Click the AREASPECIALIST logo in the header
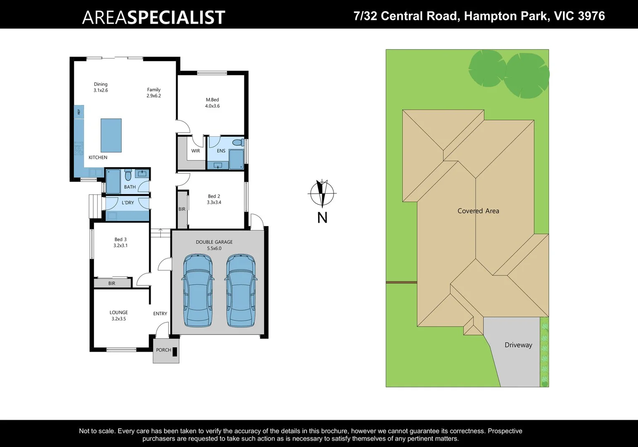tap(153, 17)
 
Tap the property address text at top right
tap(479, 16)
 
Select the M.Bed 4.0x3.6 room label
tap(212, 103)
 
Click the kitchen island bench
tap(111, 135)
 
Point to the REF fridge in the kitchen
tap(79, 112)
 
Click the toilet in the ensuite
tap(238, 143)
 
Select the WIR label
tap(196, 151)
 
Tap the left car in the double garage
tap(198, 291)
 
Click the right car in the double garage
tap(241, 291)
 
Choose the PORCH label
tap(163, 350)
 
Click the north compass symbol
tap(322, 193)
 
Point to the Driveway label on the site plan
tap(518, 345)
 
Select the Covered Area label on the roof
tap(478, 211)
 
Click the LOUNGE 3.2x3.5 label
tap(118, 315)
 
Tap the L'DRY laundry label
tap(128, 203)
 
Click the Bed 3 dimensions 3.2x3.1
tap(121, 245)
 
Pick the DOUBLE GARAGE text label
tap(214, 242)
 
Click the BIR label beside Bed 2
tap(182, 209)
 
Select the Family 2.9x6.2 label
tap(154, 93)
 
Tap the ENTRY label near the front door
tap(160, 314)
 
